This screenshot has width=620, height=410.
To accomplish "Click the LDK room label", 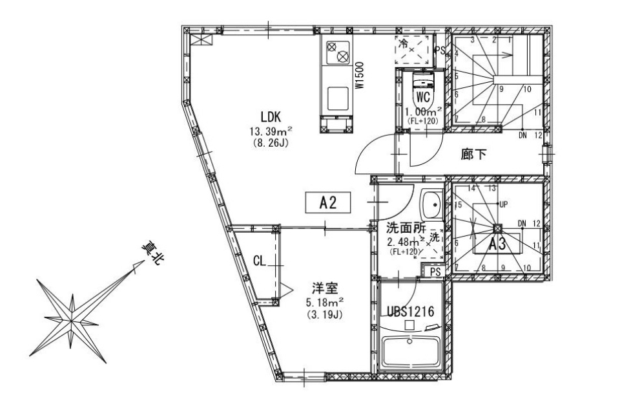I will tap(270, 117).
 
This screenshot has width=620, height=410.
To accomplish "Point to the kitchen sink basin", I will tap(336, 99).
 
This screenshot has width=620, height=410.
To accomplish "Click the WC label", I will tap(423, 98).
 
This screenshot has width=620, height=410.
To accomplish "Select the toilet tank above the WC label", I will tap(423, 80).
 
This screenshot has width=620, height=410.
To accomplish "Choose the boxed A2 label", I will tap(329, 203).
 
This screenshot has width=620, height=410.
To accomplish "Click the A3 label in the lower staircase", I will tap(497, 245).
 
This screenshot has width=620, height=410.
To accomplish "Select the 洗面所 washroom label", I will tap(404, 228).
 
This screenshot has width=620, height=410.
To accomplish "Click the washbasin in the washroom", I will tap(431, 205).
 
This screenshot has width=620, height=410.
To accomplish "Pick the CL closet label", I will tap(259, 261).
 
